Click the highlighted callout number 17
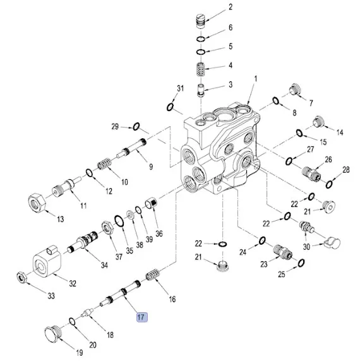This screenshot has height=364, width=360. coord(141,317)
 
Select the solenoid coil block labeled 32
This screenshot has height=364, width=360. coord(47,262)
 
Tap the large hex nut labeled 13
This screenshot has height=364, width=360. coord(37,203)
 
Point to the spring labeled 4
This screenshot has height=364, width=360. coord(200,69)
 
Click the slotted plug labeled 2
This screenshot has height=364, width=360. coord(200,21)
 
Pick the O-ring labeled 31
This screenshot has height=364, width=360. coord(171,107)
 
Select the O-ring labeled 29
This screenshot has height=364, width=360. coord(136,126)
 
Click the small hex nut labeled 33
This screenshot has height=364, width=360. coord(22,277)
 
